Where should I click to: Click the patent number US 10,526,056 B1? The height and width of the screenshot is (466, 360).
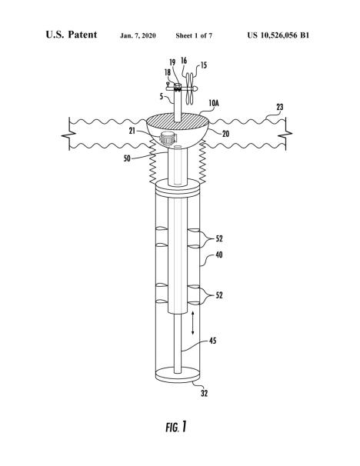(278, 35)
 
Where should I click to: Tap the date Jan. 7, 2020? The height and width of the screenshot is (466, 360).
(138, 35)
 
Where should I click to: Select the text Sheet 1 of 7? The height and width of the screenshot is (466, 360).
(194, 35)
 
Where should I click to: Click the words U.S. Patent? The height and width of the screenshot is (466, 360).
(72, 35)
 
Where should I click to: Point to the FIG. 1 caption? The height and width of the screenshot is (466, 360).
(176, 427)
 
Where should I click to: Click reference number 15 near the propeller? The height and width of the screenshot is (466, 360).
(204, 65)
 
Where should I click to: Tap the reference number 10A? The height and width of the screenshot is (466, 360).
(214, 103)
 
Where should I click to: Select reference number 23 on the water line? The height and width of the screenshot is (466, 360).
(280, 107)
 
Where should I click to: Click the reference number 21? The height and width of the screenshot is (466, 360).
(132, 131)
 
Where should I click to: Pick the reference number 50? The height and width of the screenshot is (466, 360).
(127, 158)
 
